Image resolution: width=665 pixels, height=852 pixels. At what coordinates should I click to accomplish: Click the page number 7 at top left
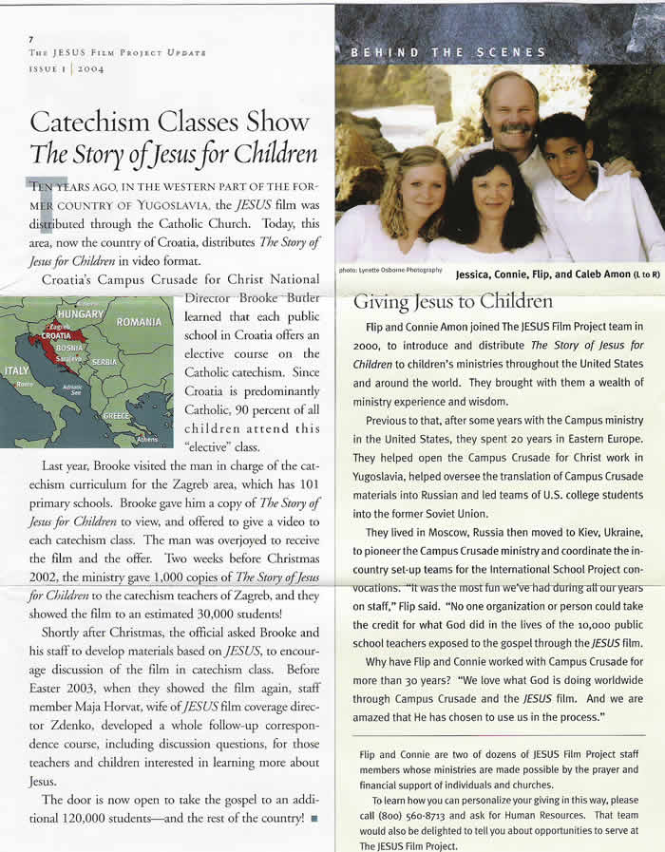coord(31,39)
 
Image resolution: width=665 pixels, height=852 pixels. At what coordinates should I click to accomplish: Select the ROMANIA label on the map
coord(138,322)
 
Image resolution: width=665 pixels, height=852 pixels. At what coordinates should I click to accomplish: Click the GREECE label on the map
coord(117,416)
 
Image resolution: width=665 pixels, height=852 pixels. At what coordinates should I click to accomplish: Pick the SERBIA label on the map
coord(104,363)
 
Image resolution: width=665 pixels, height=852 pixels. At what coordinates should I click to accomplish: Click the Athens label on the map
coord(146,440)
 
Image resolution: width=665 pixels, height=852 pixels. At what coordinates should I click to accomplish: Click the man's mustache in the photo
coord(513,125)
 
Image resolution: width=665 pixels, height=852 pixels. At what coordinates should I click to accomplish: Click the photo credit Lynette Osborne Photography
coord(389,270)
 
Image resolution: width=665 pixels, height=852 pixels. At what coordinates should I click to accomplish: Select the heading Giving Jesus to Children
coord(452,302)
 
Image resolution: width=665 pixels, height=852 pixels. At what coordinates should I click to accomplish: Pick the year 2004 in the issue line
coord(91,69)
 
